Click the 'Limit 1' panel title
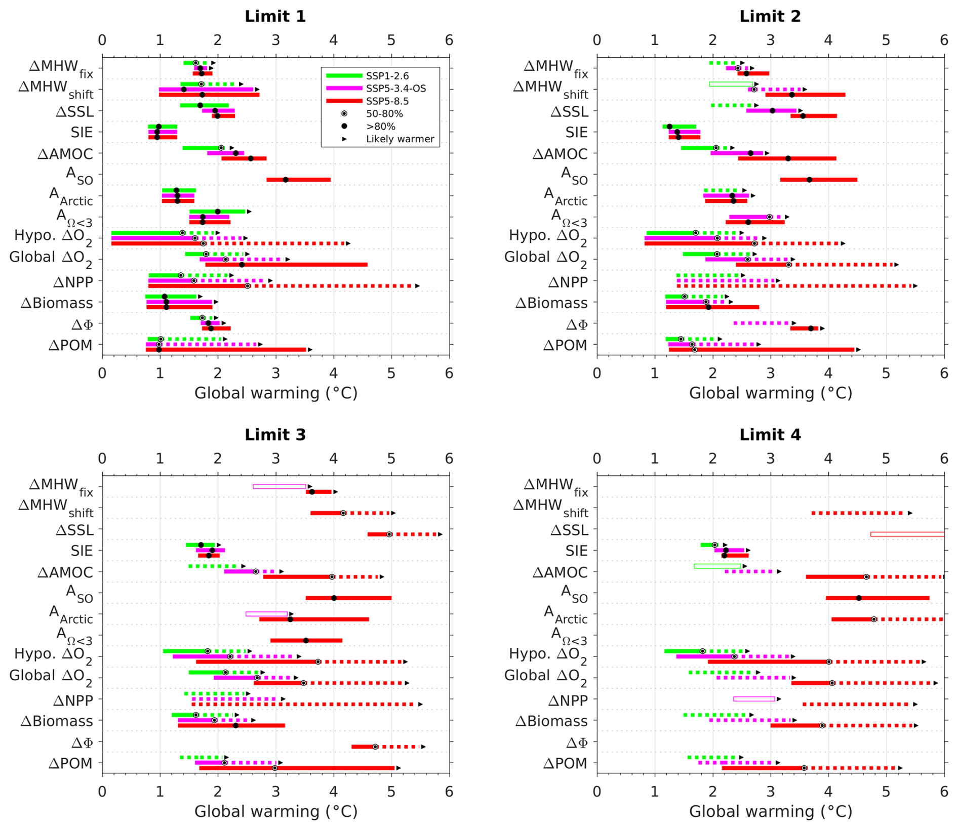pos(275,16)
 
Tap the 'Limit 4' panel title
pos(770,434)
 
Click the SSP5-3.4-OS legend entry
pos(395,89)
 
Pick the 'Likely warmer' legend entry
pos(400,139)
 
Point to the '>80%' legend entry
pos(380,126)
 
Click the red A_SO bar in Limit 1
pos(298,180)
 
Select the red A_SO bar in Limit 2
pos(818,180)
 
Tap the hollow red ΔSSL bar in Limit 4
pos(907,534)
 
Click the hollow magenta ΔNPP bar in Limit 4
pos(754,699)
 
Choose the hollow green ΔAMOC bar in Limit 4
pos(717,566)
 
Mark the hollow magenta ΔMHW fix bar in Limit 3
pos(280,486)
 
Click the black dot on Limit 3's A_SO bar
pos(334,598)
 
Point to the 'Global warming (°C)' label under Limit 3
pos(276,811)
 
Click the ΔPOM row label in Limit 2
pos(565,346)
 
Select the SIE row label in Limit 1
pos(82,133)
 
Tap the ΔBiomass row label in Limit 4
pos(551,721)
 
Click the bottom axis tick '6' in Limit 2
pos(943,373)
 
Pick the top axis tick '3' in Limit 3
pos(275,459)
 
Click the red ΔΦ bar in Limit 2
pos(804,328)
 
